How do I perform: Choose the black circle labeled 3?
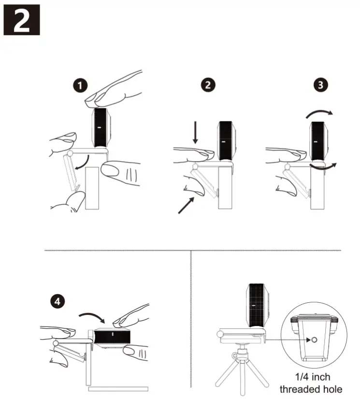tap(320, 85)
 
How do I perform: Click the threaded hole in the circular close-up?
tap(312, 341)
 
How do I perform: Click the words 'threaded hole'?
tap(311, 388)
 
